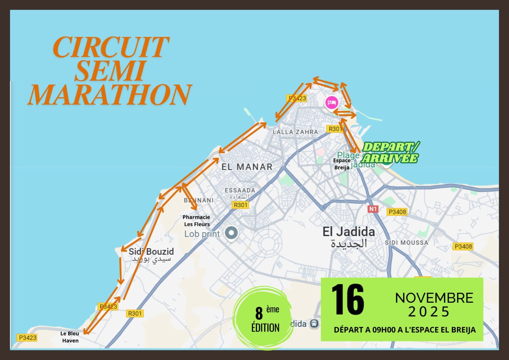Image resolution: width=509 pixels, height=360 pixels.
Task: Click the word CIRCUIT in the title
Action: (x=111, y=47)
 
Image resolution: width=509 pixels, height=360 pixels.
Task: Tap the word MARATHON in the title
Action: (x=109, y=95)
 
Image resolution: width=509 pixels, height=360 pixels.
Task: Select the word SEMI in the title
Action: (x=110, y=71)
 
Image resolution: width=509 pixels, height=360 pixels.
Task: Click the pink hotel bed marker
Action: (x=331, y=102)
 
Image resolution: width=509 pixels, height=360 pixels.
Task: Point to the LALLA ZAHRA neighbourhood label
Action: (x=295, y=132)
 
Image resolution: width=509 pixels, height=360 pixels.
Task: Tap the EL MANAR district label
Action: (x=247, y=167)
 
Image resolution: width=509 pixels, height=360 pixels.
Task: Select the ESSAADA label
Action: (x=240, y=190)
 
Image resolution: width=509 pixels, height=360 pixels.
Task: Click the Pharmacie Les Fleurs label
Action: (x=196, y=221)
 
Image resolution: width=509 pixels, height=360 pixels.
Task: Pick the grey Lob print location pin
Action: (x=231, y=233)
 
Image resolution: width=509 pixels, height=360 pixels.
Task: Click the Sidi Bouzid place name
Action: (x=151, y=251)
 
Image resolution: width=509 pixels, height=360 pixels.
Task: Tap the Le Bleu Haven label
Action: (x=70, y=337)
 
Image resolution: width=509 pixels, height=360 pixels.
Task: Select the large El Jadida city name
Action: (x=349, y=232)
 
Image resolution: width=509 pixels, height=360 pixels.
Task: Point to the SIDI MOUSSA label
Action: (x=406, y=243)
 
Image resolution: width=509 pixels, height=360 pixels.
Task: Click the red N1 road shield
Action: (x=373, y=209)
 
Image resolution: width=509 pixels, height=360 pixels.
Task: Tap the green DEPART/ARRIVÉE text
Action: (x=390, y=152)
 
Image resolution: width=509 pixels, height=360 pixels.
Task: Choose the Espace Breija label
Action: (x=342, y=164)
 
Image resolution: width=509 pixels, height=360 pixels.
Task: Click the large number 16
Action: (x=348, y=300)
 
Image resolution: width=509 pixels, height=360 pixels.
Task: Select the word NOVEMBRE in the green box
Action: (x=434, y=298)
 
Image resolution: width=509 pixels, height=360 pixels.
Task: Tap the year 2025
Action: (x=429, y=312)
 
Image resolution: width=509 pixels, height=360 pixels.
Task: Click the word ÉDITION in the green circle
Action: (x=265, y=328)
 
